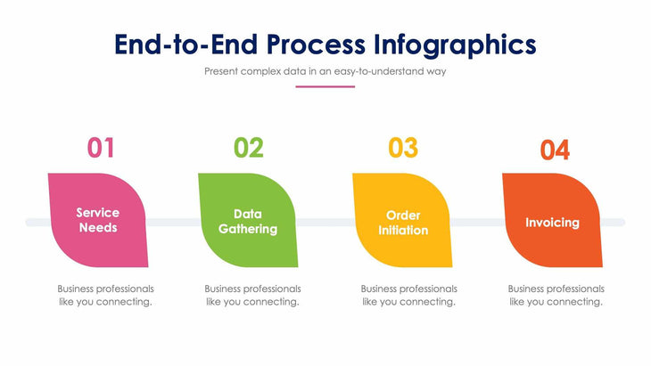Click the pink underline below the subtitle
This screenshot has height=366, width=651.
click(325, 86)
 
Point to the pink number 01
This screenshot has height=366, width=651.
click(100, 147)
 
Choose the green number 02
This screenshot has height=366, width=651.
click(248, 147)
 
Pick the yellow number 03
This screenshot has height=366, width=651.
click(402, 147)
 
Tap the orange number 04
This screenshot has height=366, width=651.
click(555, 150)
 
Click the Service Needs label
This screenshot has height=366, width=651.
click(98, 220)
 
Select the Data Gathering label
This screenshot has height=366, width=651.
click(248, 222)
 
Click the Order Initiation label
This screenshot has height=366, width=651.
click(403, 223)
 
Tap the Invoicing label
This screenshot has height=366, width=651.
click(552, 223)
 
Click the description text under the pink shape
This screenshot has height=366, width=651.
click(105, 295)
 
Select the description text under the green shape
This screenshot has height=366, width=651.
click(252, 295)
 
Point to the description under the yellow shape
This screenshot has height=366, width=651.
click(408, 295)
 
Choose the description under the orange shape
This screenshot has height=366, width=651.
click(556, 295)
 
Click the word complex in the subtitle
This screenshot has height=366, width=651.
click(265, 71)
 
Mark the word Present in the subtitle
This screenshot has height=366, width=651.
click(222, 71)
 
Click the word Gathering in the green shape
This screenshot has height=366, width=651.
click(248, 229)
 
